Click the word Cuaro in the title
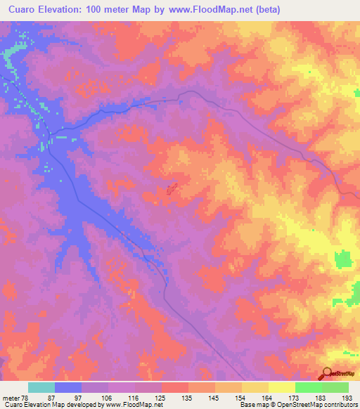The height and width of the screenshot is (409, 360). point(22,10)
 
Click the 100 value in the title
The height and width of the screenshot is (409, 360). point(108,10)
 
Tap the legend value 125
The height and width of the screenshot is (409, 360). point(162,397)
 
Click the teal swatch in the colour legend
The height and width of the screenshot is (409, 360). point(41,387)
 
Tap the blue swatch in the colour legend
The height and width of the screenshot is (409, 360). point(68,387)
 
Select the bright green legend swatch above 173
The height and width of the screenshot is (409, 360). point(309,387)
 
